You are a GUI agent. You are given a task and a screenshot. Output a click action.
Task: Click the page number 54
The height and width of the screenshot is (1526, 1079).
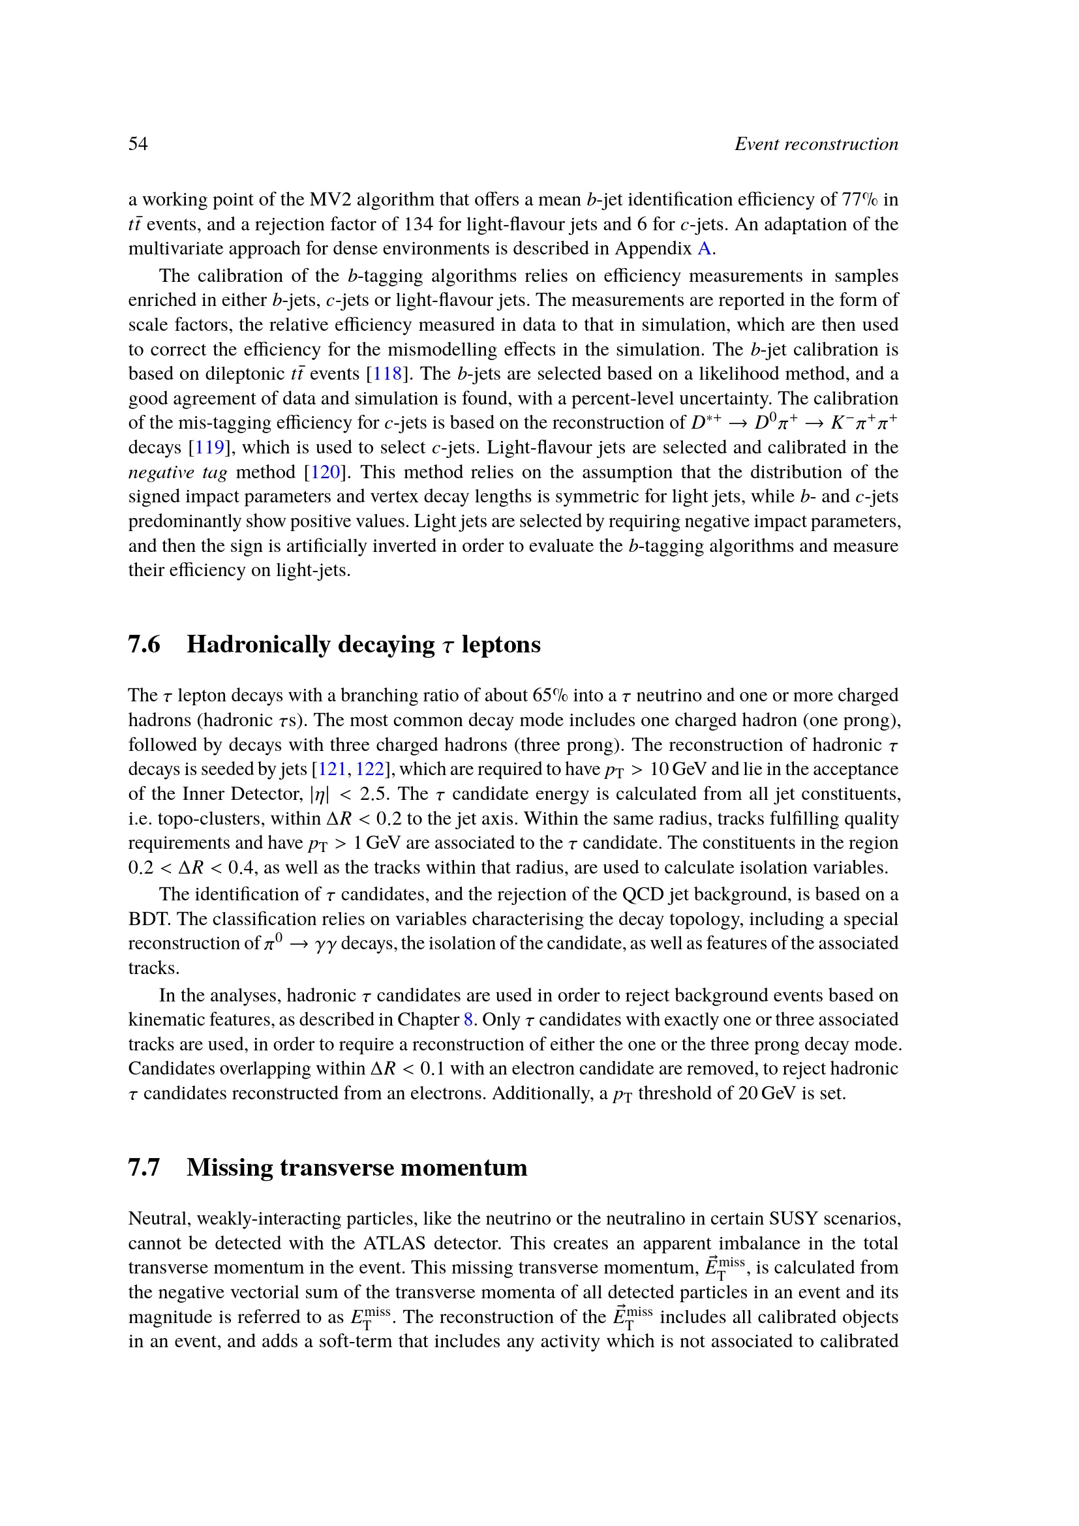click(138, 144)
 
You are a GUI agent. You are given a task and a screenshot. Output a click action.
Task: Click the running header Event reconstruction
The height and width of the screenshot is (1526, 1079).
click(816, 144)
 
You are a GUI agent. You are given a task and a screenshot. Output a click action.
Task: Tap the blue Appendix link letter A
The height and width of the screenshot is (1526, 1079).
click(705, 249)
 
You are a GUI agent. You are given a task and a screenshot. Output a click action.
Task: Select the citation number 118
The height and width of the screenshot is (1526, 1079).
click(388, 374)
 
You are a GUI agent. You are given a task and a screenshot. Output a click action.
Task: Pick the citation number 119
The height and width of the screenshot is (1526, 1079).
click(209, 448)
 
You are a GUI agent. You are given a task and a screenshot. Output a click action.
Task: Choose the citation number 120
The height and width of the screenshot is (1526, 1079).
click(326, 472)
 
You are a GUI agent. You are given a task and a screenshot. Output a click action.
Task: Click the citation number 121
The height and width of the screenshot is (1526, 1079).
click(332, 769)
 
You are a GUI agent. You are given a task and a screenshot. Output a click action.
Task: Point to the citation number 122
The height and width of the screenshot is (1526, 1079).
click(370, 769)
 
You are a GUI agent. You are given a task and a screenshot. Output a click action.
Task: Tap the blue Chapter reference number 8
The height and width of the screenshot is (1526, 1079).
click(468, 1020)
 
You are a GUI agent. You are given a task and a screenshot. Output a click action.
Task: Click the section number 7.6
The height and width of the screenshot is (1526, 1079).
click(144, 644)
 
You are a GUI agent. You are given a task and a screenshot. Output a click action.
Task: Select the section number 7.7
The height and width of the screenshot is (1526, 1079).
click(144, 1167)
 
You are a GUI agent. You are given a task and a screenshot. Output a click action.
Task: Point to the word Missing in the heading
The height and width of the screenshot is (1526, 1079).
click(230, 1167)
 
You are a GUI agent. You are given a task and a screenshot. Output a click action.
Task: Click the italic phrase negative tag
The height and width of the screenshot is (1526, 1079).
click(177, 472)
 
